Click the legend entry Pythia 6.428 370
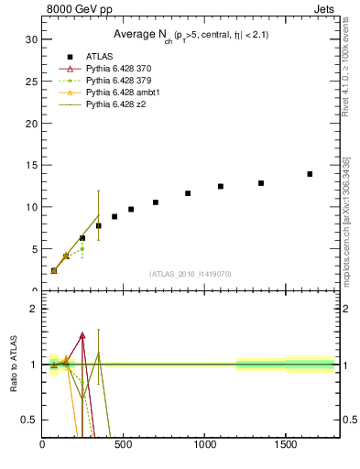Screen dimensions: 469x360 point(118,69)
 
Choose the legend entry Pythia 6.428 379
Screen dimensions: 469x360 point(118,81)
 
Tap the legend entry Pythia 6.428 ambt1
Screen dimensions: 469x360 point(122,93)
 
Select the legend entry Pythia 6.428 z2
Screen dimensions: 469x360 point(115,104)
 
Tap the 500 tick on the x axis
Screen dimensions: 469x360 point(123,445)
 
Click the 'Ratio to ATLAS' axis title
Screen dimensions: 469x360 point(14,365)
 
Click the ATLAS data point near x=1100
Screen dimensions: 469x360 point(221,186)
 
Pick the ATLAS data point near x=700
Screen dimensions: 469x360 point(156,202)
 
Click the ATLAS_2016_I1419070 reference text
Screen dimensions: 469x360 point(191,273)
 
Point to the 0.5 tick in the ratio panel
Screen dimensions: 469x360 point(30,420)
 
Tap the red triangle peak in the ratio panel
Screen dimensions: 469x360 point(82,335)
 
